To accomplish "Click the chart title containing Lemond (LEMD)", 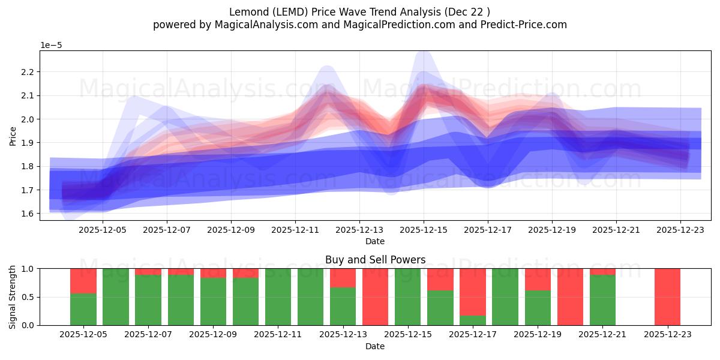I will (359, 12).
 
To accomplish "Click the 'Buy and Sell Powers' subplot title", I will (375, 260).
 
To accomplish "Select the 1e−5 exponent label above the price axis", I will (51, 46).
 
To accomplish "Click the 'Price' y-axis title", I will (13, 136).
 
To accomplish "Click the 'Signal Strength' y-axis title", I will (13, 296).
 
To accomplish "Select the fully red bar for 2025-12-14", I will (375, 297).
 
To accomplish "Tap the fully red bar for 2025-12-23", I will (667, 297).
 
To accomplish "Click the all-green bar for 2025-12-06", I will (116, 297).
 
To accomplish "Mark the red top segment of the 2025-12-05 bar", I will (83, 281).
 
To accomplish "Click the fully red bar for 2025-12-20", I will (570, 297).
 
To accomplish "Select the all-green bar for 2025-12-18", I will (505, 297).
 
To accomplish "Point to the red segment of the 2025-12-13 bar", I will (343, 278).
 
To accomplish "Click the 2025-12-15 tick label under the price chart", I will (424, 229).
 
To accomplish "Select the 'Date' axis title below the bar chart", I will (375, 346).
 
